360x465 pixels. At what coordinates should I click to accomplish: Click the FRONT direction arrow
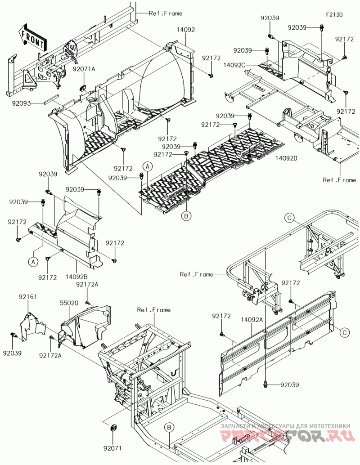coord(32,38)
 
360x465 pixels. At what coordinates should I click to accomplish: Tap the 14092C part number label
coord(234,65)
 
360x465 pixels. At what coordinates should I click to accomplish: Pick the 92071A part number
coord(84,69)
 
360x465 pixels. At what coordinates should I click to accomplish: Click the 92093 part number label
coord(22,103)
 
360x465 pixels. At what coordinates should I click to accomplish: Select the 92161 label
coord(28,297)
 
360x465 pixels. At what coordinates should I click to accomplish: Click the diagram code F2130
coord(334,15)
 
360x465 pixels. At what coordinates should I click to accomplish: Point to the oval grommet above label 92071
coord(113,426)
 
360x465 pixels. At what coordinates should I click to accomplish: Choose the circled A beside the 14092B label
coord(33,261)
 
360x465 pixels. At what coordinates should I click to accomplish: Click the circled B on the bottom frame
coord(169,427)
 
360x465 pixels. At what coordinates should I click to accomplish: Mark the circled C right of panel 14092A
coord(344,332)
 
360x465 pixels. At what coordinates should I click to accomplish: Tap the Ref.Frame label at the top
coord(166,13)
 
